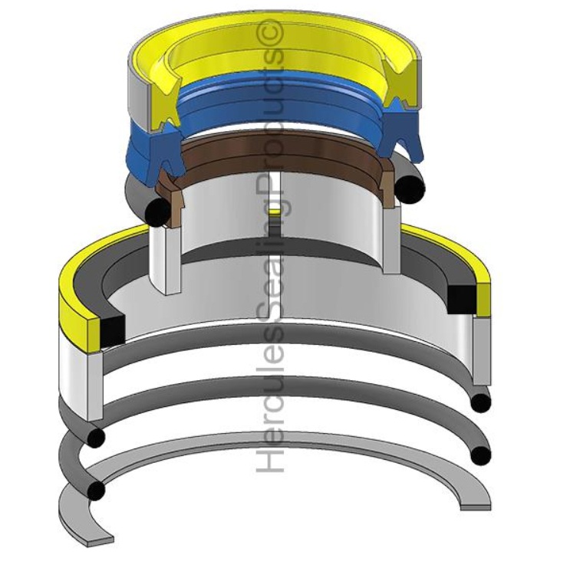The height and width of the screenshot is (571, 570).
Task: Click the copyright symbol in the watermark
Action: (271, 32)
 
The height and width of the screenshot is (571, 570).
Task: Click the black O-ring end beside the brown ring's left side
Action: (157, 212)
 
